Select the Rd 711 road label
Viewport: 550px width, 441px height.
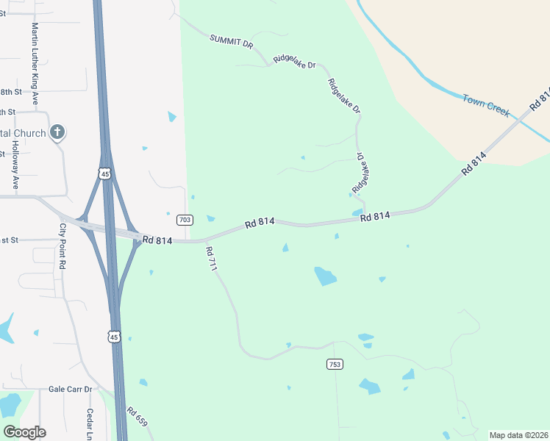click(x=212, y=259)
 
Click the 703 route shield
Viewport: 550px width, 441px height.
click(x=185, y=220)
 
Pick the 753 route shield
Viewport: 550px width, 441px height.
click(x=335, y=365)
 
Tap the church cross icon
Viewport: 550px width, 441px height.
click(x=57, y=133)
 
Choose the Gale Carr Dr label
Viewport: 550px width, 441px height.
click(x=71, y=389)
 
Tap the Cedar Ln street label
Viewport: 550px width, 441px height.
click(x=90, y=423)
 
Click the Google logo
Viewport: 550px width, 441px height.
click(x=24, y=432)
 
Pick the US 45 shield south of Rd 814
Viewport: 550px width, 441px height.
click(x=113, y=336)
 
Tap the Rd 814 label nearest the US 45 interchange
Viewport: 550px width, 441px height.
click(x=157, y=240)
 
